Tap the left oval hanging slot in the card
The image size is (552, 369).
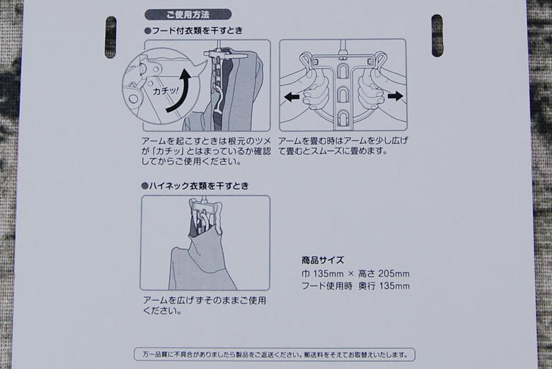pyautogui.click(x=110, y=37)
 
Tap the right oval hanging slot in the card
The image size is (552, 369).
pyautogui.click(x=437, y=35)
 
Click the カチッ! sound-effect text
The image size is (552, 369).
pyautogui.click(x=166, y=92)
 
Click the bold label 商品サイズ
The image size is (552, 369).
pyautogui.click(x=323, y=260)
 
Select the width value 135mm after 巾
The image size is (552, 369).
pyautogui.click(x=326, y=273)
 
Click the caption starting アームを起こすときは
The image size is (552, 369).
pyautogui.click(x=205, y=151)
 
